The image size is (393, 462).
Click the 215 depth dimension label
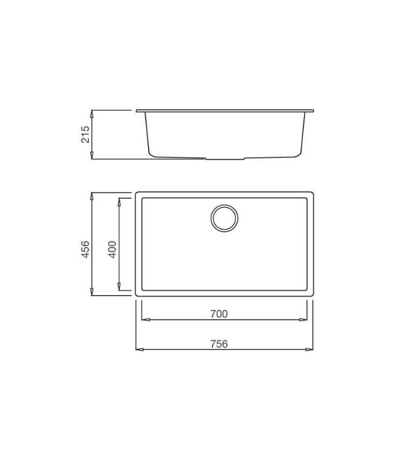click(x=85, y=135)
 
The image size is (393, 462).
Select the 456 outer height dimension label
click(x=85, y=249)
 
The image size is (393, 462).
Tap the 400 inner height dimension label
click(x=112, y=249)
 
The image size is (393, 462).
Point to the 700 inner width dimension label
click(x=219, y=314)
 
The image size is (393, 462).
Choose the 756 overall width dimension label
click(x=219, y=344)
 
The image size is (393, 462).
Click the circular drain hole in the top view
click(x=224, y=218)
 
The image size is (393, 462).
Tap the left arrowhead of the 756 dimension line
click(x=139, y=349)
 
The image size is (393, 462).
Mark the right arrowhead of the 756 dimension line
click(x=309, y=349)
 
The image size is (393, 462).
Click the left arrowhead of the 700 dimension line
click(x=146, y=320)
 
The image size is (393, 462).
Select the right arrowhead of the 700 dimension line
click(x=303, y=320)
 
